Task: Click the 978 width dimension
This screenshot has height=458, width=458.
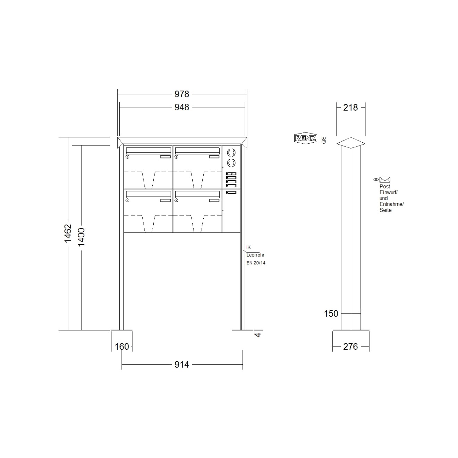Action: pyautogui.click(x=181, y=94)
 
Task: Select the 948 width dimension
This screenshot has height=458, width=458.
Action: pyautogui.click(x=181, y=107)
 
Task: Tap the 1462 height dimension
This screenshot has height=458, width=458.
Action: pyautogui.click(x=68, y=233)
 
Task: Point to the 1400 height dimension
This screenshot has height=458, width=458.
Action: pyautogui.click(x=81, y=237)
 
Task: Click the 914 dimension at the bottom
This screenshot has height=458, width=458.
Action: pyautogui.click(x=181, y=364)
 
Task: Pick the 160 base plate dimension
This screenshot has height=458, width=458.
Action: pyautogui.click(x=122, y=347)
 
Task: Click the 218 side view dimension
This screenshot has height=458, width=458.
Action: pyautogui.click(x=350, y=108)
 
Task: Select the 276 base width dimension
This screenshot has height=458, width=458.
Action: pyautogui.click(x=350, y=347)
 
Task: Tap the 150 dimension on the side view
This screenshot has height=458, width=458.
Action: pyautogui.click(x=331, y=314)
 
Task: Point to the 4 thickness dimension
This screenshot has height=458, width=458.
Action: pyautogui.click(x=258, y=334)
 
